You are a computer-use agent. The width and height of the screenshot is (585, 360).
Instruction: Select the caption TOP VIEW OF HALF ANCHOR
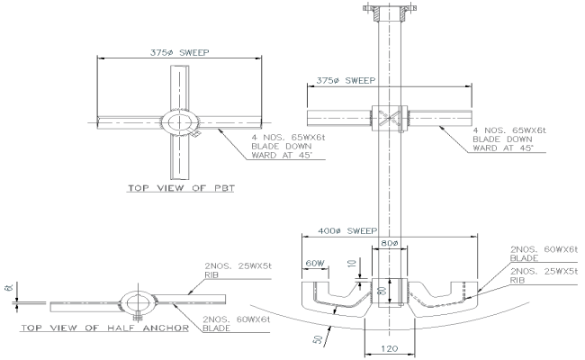(x=103, y=328)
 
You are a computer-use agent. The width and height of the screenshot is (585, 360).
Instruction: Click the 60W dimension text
(x=313, y=264)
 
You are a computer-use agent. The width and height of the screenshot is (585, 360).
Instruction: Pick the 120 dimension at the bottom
(x=389, y=346)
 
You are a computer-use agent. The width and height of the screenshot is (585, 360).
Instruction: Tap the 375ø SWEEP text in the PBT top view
(x=180, y=52)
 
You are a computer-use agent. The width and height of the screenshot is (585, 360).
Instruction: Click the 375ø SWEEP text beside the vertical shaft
(x=347, y=81)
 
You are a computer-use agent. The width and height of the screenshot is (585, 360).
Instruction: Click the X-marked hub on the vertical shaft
(x=389, y=117)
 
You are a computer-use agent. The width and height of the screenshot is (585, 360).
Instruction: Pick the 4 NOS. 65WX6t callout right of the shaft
(x=508, y=139)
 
